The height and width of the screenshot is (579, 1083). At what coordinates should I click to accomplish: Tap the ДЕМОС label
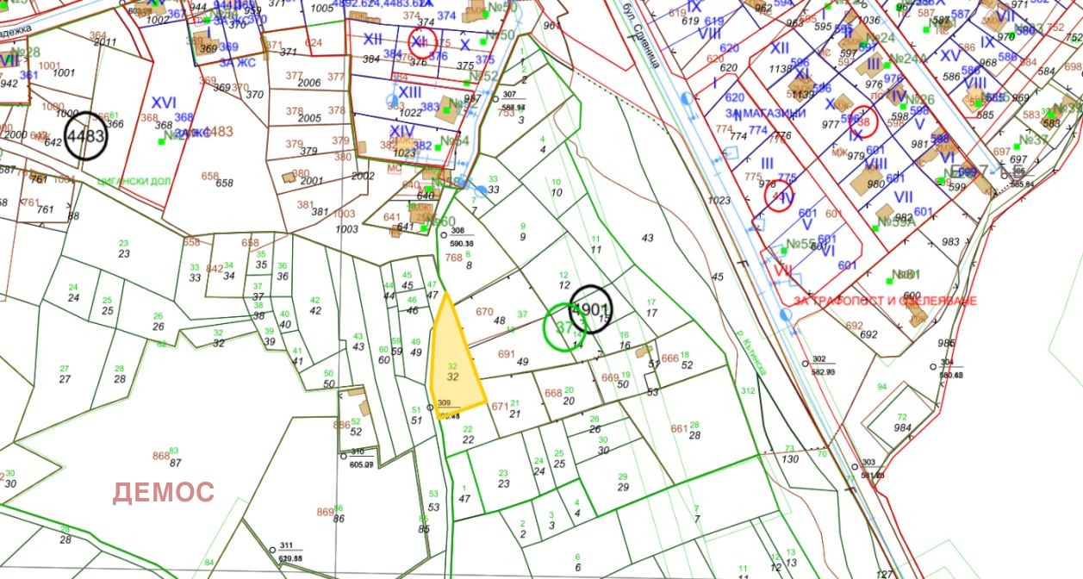point(163,493)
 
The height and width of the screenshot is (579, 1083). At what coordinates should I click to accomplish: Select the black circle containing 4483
point(86,136)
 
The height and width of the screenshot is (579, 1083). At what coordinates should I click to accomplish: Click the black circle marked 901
point(591,308)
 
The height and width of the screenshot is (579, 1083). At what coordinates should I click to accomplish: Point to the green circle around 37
point(565,327)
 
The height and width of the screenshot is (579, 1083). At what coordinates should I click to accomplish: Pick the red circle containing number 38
point(862,122)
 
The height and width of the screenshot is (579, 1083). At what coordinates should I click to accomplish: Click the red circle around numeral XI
point(422,41)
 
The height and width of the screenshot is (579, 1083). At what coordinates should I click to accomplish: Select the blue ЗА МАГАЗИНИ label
point(766,113)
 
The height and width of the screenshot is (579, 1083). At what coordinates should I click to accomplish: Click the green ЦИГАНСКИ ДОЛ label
point(136,182)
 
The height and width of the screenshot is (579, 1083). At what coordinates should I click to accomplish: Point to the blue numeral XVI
point(164,102)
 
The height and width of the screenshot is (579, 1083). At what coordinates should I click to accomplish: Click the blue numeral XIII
point(409,92)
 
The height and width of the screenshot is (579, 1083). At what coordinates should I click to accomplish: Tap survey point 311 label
point(286,546)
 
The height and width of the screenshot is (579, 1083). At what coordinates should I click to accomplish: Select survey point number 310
point(357,451)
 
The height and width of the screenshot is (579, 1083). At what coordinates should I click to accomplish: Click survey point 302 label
point(818,359)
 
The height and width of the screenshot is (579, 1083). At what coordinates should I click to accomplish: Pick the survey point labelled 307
point(509,95)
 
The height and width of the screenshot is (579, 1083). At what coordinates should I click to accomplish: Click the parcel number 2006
point(308,83)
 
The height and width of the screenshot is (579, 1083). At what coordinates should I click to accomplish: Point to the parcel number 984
point(902,428)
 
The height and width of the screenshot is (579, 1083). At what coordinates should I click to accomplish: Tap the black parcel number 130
point(790,459)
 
